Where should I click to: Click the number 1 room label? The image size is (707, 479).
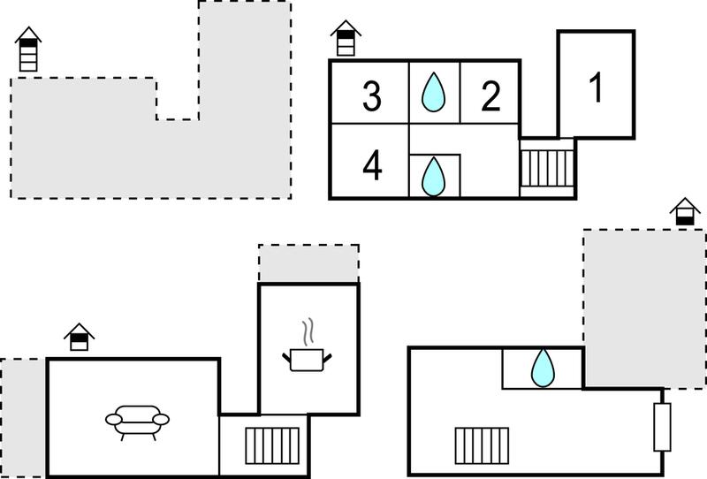596,87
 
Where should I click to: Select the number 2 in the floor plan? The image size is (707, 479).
490,96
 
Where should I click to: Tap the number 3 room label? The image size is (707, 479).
372,96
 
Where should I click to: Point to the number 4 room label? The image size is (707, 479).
372,165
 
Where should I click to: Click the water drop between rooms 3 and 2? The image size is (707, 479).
433,92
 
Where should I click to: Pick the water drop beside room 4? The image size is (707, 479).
433,177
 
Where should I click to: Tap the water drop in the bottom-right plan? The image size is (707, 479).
543,368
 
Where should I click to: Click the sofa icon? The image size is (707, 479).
137,422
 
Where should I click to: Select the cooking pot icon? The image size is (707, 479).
307,360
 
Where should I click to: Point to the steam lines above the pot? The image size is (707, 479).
308,332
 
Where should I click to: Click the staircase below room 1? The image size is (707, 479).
547,168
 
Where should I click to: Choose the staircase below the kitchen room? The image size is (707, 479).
272,445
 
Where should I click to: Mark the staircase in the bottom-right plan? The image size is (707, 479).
482,445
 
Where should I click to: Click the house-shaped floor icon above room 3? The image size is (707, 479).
346,38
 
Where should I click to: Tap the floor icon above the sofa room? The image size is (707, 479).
79,337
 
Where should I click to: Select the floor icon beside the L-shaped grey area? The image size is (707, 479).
28,49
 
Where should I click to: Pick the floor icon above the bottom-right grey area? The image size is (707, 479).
685,211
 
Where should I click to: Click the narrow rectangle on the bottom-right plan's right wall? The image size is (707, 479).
662,427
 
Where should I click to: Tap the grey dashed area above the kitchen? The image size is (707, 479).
308,263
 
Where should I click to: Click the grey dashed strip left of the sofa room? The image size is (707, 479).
23,418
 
